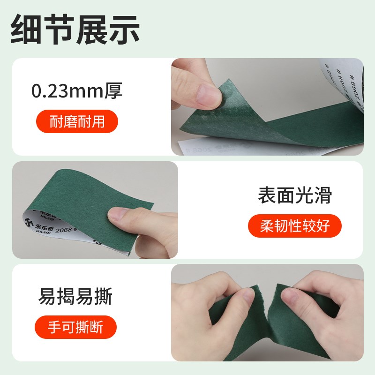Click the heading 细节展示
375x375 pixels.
75,29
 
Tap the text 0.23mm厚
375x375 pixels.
77,90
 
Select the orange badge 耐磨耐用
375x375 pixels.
77,121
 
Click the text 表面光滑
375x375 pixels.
294,195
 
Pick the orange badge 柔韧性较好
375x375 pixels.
294,226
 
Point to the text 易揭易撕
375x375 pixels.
75,296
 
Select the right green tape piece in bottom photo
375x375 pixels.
305,323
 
